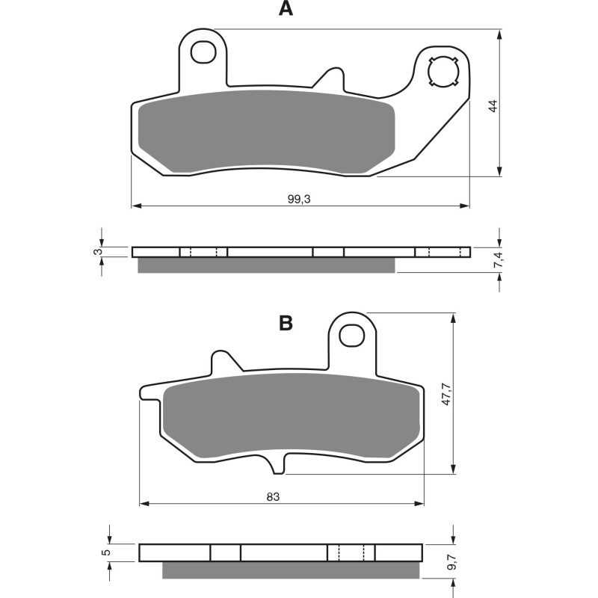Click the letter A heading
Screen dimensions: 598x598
point(285,9)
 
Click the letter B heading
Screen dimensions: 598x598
point(286,323)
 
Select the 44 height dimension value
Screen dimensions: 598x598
point(492,105)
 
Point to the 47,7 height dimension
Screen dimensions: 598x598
point(446,394)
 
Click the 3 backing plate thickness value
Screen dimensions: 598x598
point(97,252)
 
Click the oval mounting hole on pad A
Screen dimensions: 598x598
point(201,52)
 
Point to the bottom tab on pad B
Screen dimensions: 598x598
point(278,465)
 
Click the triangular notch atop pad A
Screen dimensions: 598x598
point(329,75)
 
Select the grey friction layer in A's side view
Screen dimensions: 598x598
point(266,265)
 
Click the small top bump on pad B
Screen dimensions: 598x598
point(221,360)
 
